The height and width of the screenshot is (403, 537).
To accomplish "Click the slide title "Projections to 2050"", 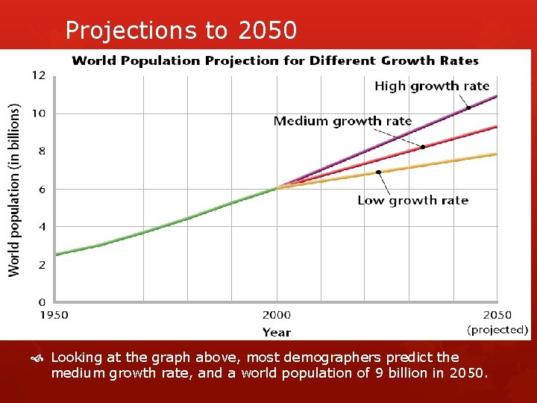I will (x=181, y=30).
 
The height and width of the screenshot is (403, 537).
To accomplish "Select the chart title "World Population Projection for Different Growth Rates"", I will (x=274, y=60).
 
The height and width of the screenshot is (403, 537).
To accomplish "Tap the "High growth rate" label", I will (x=431, y=86).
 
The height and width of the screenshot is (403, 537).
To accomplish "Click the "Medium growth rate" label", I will (x=342, y=121).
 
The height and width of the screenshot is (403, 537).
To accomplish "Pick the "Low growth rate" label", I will (x=412, y=200).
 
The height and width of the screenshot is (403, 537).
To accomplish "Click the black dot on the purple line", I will (x=468, y=108).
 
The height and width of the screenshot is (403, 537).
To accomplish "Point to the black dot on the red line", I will (x=423, y=147).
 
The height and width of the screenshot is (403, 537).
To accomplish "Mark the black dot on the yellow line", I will (x=378, y=172).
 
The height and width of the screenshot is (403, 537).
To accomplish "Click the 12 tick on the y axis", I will (x=39, y=75).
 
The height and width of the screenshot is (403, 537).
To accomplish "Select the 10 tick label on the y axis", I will (x=39, y=113).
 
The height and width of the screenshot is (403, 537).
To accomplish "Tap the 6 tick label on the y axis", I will (x=42, y=190).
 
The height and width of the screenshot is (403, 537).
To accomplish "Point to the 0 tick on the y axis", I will (x=42, y=302).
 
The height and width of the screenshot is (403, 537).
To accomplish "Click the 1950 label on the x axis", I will (x=54, y=315).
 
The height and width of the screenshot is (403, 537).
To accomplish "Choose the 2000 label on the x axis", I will (x=277, y=315).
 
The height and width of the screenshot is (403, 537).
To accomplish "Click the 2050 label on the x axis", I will (x=497, y=315).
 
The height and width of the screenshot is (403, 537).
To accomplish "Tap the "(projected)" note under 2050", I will (x=497, y=329).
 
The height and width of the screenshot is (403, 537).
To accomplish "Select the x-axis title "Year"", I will (x=277, y=332).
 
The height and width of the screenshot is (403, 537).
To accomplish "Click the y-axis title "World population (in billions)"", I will (x=15, y=190).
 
